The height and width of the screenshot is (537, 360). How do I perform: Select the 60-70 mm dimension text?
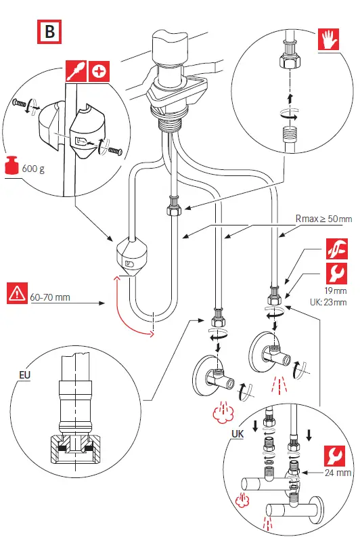tap(50, 296)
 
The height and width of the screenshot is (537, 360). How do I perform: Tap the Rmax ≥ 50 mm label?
tap(324, 219)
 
